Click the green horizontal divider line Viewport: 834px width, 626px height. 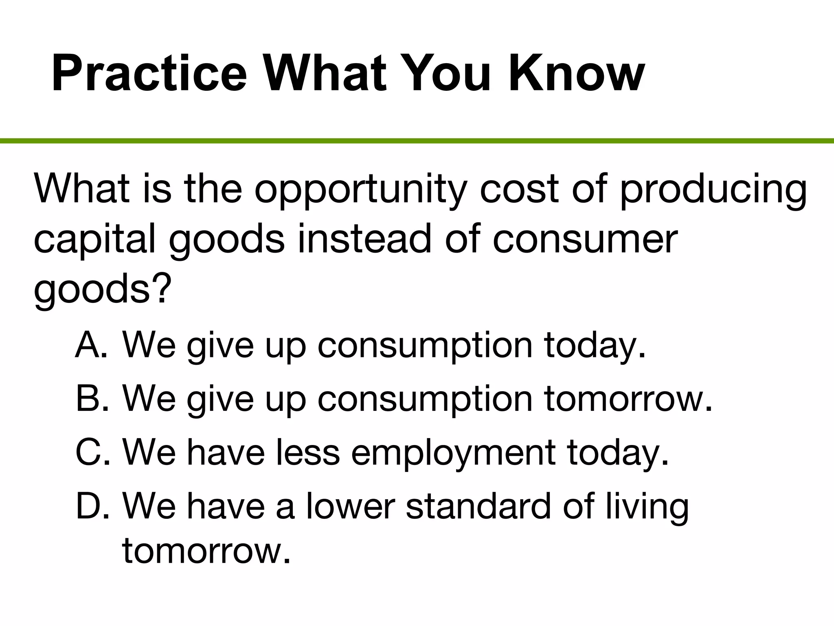pyautogui.click(x=417, y=141)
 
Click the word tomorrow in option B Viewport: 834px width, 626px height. pyautogui.click(x=627, y=399)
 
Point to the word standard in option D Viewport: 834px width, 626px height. pyautogui.click(x=478, y=506)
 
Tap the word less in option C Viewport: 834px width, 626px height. pyautogui.click(x=307, y=452)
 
